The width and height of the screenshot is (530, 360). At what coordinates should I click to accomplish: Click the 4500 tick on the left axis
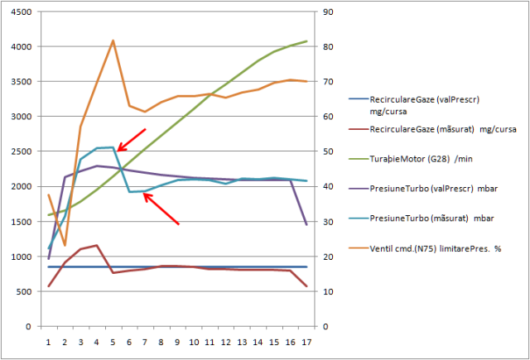tap(21, 12)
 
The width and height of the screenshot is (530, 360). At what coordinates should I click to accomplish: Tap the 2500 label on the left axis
tap(21, 151)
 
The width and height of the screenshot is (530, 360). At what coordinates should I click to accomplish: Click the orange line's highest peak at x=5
tap(113, 41)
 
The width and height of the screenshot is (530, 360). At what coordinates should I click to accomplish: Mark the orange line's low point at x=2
tap(65, 245)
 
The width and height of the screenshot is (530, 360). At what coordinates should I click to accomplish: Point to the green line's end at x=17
tap(306, 41)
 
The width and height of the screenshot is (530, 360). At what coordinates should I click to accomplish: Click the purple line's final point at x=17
tap(306, 224)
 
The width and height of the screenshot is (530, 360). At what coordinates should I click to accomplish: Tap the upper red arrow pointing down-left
tap(131, 140)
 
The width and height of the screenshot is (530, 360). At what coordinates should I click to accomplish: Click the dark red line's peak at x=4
tap(97, 245)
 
